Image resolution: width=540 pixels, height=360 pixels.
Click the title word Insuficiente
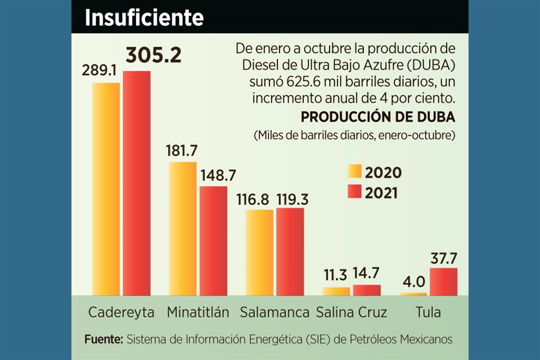pos(143,17)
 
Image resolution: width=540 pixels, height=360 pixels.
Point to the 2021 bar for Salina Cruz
pos(367,290)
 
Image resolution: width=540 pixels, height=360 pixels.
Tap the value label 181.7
pos(182,151)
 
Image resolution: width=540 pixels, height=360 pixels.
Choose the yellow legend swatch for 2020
pos(354,172)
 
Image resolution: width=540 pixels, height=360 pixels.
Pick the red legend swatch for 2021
pos(354,191)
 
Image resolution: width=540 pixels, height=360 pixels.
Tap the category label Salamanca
pos(274,313)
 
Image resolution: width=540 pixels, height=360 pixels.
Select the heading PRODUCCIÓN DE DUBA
pos(378,117)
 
